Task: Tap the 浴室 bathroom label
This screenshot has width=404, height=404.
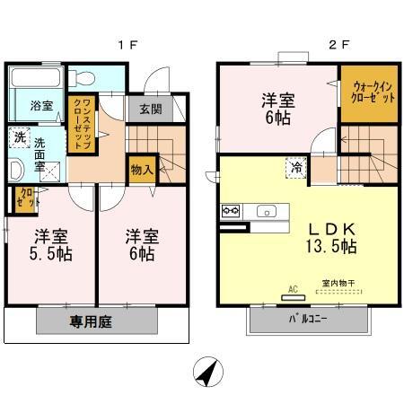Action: (41, 106)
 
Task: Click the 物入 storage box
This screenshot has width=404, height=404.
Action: (142, 169)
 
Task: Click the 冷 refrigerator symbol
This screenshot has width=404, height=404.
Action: (295, 167)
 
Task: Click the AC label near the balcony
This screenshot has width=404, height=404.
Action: (291, 290)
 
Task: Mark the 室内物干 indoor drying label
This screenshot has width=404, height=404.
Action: (338, 285)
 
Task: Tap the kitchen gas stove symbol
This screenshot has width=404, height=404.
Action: (229, 212)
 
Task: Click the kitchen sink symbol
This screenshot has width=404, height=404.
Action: (267, 212)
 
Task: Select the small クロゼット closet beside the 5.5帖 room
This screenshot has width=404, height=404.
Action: (19, 198)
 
